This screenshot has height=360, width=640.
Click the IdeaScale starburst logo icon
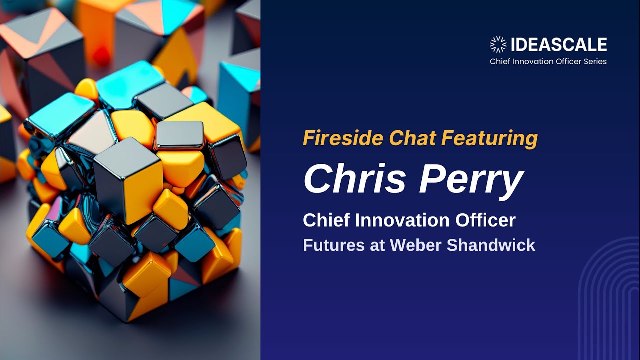tap(498, 45)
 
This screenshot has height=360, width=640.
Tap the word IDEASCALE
tap(559, 45)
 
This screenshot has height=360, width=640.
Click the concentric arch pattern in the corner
tap(610, 300)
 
